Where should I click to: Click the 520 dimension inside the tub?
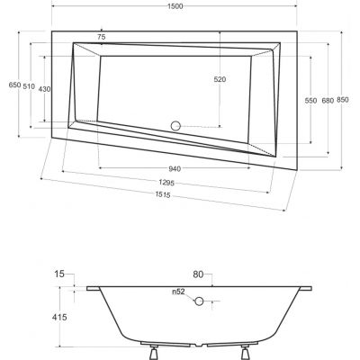[220, 79]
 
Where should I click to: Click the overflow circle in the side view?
[201, 304]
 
